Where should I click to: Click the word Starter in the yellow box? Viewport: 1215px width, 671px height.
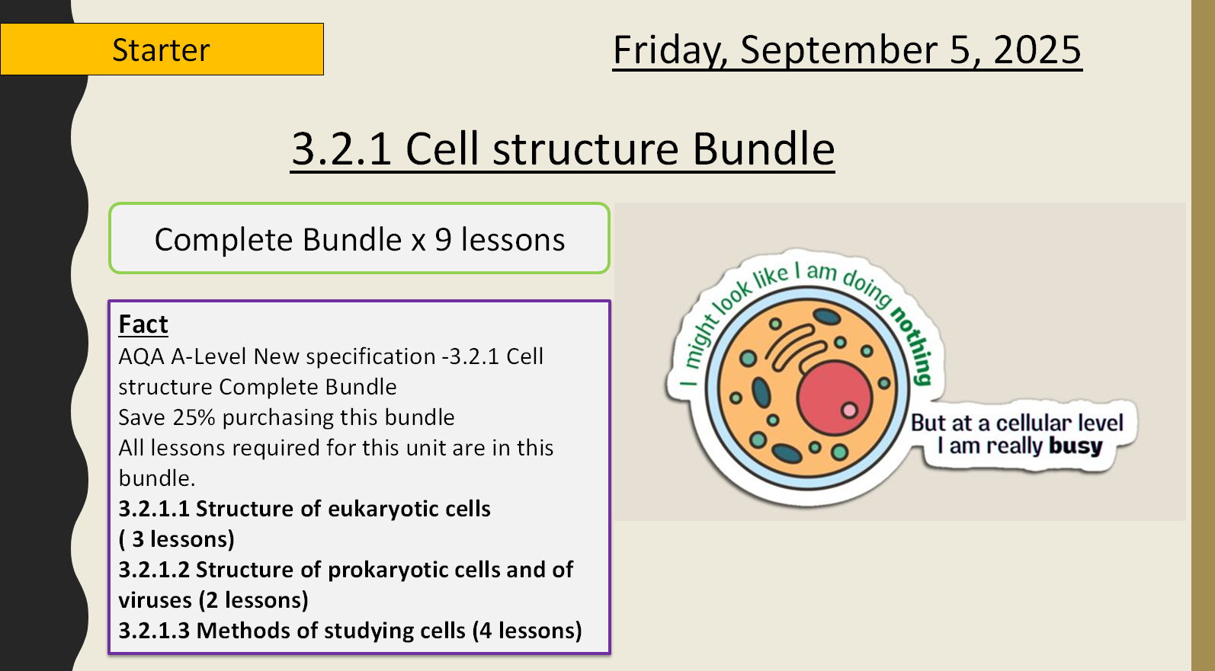(x=161, y=50)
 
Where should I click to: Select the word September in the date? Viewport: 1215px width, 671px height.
(x=838, y=50)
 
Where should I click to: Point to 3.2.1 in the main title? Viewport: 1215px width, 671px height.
(x=341, y=149)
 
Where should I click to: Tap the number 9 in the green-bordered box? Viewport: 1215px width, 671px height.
(x=443, y=240)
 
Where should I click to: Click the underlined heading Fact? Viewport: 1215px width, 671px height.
(x=143, y=324)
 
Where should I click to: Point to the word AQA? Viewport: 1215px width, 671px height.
(x=142, y=356)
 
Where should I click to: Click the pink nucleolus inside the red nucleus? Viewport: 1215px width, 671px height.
(x=849, y=411)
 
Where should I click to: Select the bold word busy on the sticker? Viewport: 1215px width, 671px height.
(x=1075, y=446)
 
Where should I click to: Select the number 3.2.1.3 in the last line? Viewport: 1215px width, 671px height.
(x=154, y=631)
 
